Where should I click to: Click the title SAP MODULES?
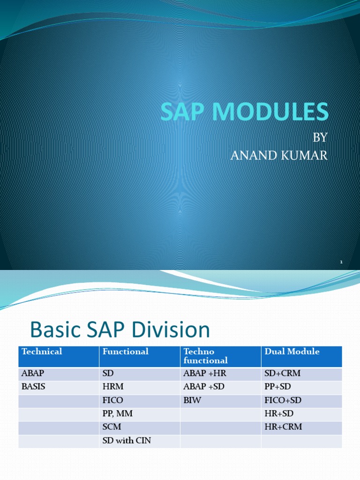pyautogui.click(x=244, y=112)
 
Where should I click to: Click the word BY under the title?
pyautogui.click(x=320, y=138)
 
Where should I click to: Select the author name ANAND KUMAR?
pyautogui.click(x=279, y=156)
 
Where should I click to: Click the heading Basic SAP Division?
pyautogui.click(x=120, y=330)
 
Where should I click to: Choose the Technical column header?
pyautogui.click(x=42, y=352)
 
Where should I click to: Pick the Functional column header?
pyautogui.click(x=125, y=352)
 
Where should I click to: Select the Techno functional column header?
pyautogui.click(x=206, y=356)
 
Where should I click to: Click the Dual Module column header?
pyautogui.click(x=292, y=352)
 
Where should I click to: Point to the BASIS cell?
pyautogui.click(x=33, y=387)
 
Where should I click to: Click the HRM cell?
pyautogui.click(x=112, y=387)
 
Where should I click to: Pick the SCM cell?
pyautogui.click(x=112, y=427)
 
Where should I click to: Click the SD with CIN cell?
pyautogui.click(x=127, y=441)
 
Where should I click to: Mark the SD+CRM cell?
pyautogui.click(x=282, y=374)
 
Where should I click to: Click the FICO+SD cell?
pyautogui.click(x=284, y=401)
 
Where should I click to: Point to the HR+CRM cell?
pyautogui.click(x=283, y=427)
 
